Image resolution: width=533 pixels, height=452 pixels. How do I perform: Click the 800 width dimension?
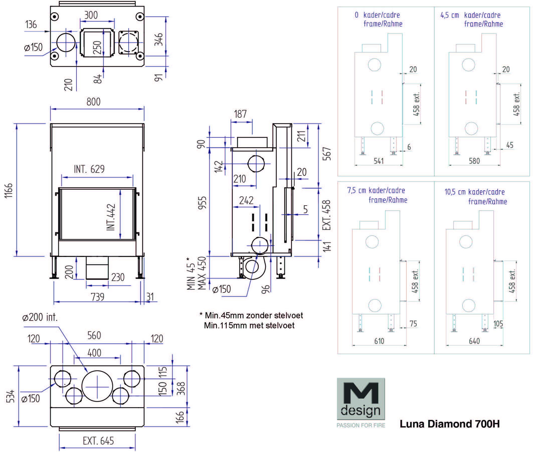[93, 102]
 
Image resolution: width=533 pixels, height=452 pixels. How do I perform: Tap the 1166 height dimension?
[9, 190]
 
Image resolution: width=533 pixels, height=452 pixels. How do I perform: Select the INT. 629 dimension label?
[89, 169]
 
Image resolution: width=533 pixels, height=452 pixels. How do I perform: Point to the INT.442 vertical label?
[111, 217]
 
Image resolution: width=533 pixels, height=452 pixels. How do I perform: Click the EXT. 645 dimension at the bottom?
[98, 441]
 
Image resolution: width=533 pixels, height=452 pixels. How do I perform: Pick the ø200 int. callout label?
[40, 318]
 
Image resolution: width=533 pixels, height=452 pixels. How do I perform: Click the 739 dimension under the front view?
[98, 297]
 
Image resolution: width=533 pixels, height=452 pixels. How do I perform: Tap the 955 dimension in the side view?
[202, 203]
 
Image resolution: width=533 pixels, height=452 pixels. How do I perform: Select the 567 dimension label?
[326, 154]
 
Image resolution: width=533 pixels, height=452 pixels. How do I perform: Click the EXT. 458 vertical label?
[326, 215]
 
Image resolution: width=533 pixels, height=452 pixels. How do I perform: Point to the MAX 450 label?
[202, 273]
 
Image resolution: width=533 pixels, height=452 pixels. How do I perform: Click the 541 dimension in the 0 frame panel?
[379, 161]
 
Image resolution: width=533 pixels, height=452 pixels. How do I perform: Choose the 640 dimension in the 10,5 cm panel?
[474, 341]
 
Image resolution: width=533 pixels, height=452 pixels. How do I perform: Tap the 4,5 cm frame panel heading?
[471, 20]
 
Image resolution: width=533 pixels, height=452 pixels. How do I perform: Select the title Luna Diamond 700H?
[450, 424]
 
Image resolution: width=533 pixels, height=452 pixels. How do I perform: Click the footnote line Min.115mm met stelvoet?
[249, 326]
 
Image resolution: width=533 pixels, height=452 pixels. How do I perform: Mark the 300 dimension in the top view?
[91, 15]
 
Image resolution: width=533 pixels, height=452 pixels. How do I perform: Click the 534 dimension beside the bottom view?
[10, 396]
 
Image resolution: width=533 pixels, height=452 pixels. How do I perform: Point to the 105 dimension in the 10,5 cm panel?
[498, 324]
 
